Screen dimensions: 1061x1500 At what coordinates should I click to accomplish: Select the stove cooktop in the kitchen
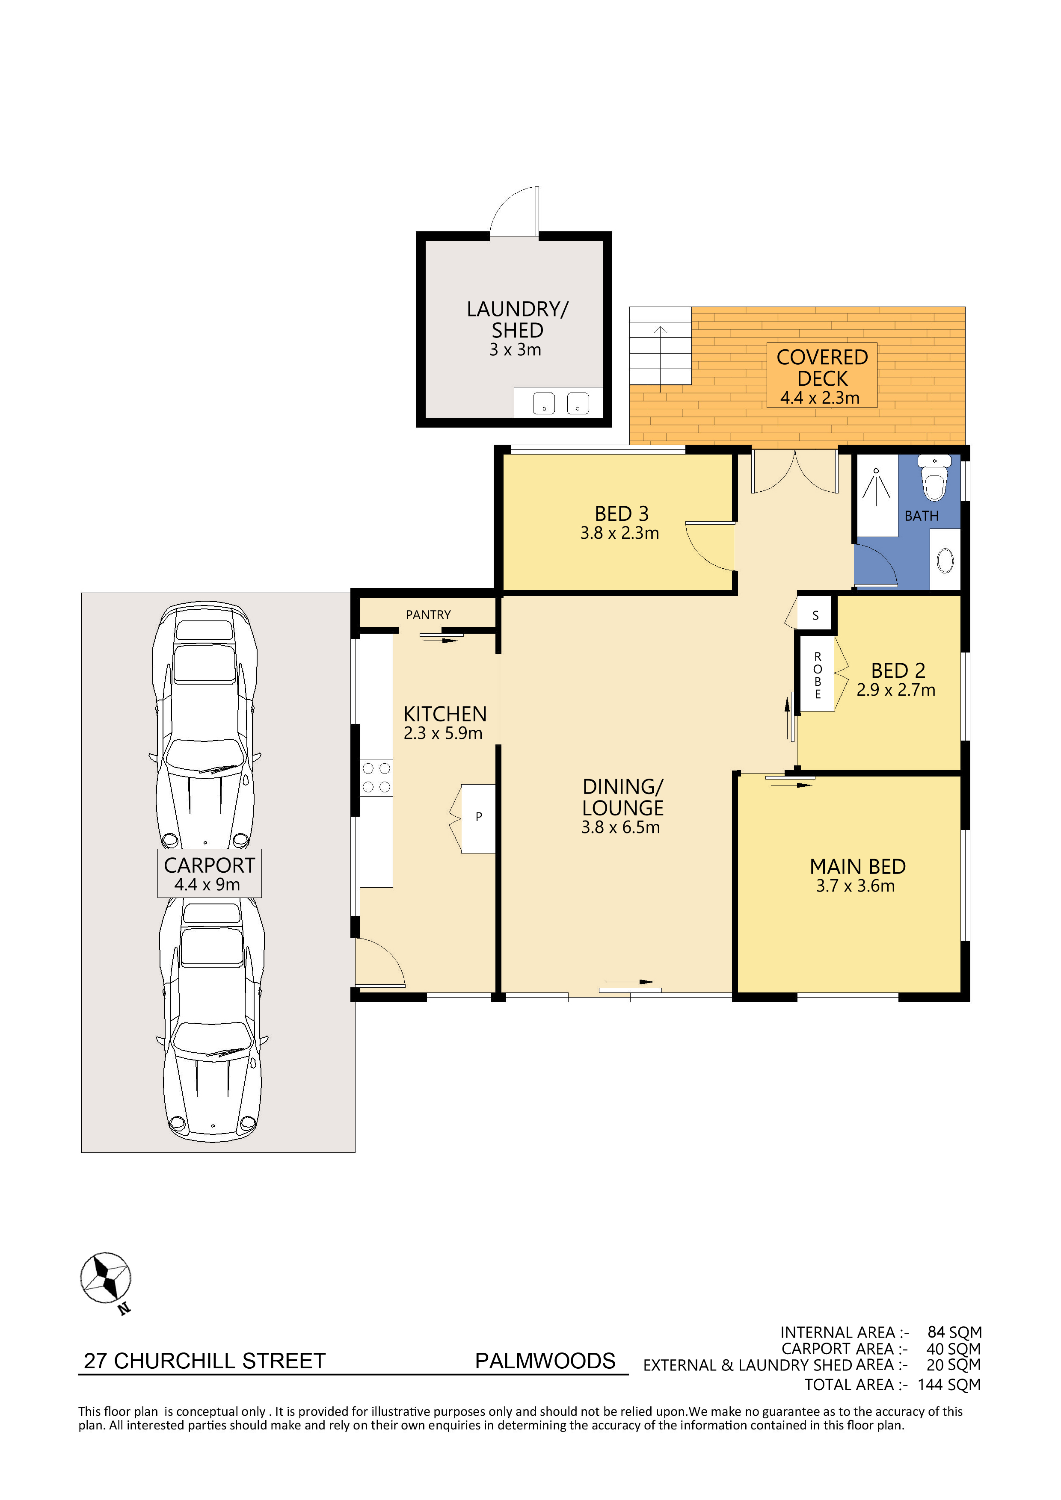coord(376,777)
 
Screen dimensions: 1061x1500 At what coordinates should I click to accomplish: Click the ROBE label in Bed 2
coord(817,676)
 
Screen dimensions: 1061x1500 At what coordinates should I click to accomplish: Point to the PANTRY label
coord(428,615)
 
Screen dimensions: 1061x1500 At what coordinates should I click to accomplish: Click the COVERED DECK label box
coord(822,376)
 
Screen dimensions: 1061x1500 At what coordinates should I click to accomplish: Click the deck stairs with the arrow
coord(660,345)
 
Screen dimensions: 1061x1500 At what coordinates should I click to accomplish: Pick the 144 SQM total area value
coord(949,1385)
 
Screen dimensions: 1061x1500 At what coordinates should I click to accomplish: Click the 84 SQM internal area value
coord(954,1332)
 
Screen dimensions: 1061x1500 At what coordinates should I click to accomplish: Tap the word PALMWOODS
coord(545,1361)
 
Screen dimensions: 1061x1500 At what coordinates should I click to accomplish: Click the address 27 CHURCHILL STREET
coord(204,1361)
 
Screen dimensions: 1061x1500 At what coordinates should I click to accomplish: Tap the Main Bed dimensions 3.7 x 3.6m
coord(855,886)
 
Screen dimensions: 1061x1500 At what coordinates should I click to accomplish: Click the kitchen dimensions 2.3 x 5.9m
coord(442,733)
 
